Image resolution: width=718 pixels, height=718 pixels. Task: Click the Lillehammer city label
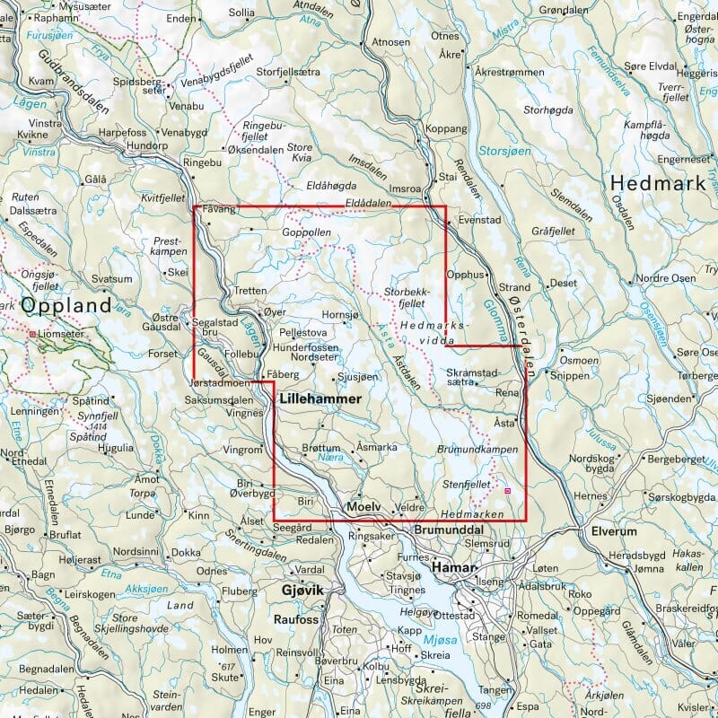click(320, 398)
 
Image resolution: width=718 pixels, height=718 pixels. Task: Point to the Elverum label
click(613, 530)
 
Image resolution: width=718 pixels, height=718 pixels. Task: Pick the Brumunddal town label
click(448, 530)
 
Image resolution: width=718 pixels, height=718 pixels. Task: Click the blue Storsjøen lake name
click(504, 150)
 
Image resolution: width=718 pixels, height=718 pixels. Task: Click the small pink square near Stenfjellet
click(508, 491)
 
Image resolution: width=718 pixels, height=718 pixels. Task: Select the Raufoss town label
click(297, 618)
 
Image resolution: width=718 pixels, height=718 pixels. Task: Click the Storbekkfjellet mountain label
click(405, 298)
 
